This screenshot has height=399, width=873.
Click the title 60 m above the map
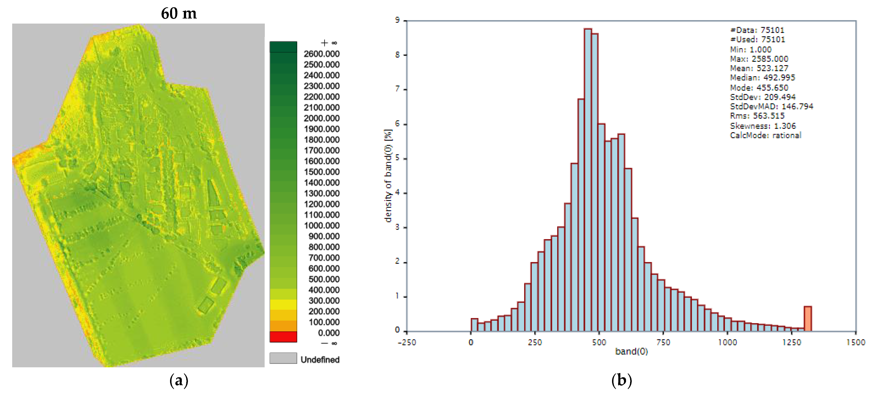[x=179, y=14]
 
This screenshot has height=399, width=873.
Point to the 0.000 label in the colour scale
[x=328, y=333]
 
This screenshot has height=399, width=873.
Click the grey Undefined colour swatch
[x=283, y=358]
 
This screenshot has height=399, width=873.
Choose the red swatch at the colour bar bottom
[x=283, y=337]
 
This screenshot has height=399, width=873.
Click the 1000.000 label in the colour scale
[x=321, y=226]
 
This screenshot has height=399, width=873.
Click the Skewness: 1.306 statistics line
[x=763, y=126]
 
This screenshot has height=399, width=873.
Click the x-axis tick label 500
[x=599, y=342]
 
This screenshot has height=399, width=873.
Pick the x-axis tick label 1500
[x=855, y=342]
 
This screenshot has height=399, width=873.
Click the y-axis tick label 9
[x=397, y=20]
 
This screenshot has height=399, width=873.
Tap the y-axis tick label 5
[x=397, y=158]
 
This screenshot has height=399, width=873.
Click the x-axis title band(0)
[x=631, y=351]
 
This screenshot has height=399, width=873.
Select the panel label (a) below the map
[x=179, y=380]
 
